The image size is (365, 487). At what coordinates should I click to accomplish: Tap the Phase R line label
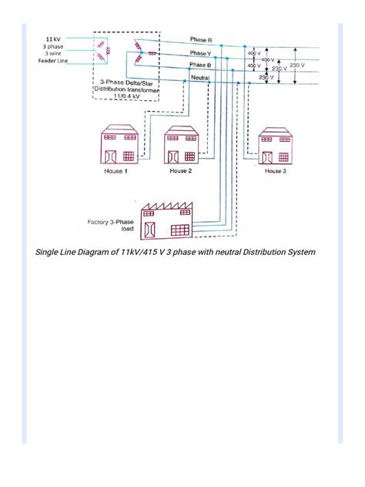(202, 39)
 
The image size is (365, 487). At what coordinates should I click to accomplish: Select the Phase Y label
(202, 52)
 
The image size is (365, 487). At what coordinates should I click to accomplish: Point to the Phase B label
(202, 65)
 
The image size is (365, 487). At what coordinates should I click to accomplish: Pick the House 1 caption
(116, 171)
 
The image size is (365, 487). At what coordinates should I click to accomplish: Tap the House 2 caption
(181, 171)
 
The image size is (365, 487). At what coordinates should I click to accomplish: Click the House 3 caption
(274, 171)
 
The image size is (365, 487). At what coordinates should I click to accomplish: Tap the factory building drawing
(166, 223)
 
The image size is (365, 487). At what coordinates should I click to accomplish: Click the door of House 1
(108, 153)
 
